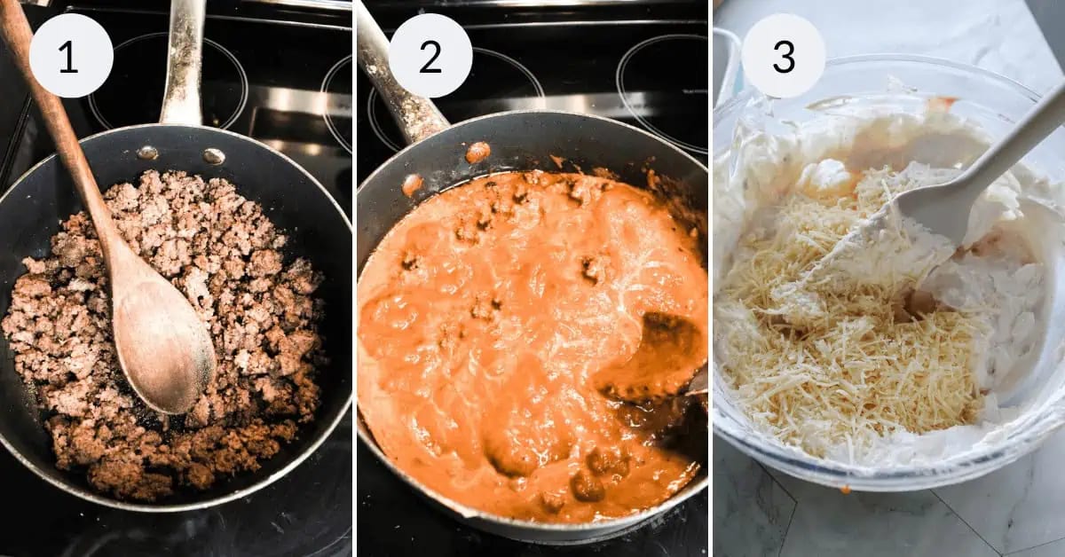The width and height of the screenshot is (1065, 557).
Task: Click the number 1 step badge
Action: point(71,56)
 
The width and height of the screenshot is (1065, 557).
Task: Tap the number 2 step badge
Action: point(430,56)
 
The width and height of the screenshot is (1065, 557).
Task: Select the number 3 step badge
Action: point(784,56)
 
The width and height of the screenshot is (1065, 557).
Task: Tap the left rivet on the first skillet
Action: point(147,153)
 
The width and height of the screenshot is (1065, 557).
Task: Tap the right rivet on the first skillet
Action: point(213,156)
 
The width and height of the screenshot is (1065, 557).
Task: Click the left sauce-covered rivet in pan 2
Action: point(412,184)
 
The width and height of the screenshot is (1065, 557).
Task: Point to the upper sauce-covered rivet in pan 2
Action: point(477,152)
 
